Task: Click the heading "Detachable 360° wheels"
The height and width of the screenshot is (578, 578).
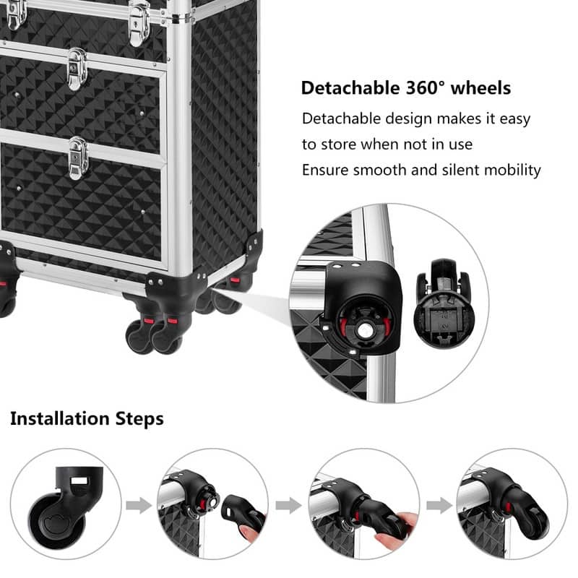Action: coord(405,88)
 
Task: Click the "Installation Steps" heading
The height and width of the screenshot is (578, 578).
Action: coord(87,418)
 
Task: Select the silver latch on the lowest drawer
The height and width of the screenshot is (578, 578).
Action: coord(79,158)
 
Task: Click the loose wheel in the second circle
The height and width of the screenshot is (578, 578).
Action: coord(246,514)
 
